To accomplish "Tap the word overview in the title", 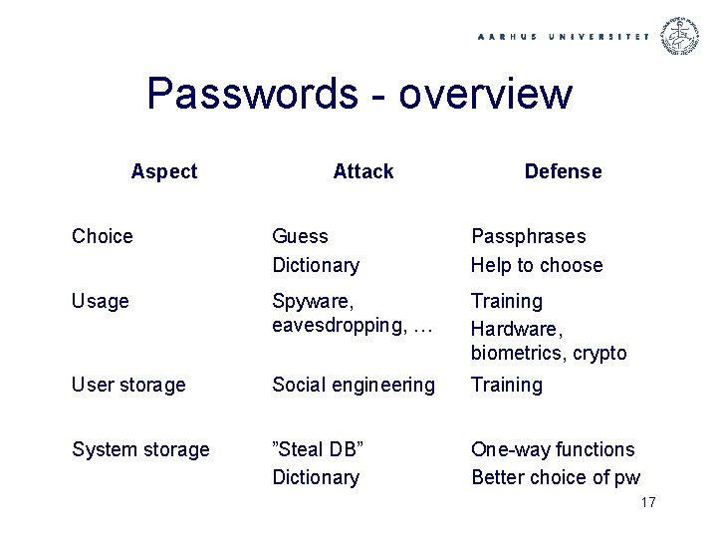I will (x=486, y=95).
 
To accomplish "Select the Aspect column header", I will (x=164, y=171).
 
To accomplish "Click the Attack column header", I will (x=363, y=171).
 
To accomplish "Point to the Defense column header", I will (x=563, y=171).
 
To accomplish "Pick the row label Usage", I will (x=101, y=301).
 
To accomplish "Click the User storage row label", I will (x=128, y=385).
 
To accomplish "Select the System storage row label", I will (x=140, y=449).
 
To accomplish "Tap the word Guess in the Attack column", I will (x=300, y=236).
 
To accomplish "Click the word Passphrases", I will (x=528, y=236).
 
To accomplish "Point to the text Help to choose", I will (x=537, y=265).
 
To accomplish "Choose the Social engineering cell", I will (x=354, y=385).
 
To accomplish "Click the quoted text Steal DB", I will (x=318, y=449).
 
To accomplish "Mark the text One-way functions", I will (x=553, y=449).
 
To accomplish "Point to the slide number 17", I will (x=647, y=502).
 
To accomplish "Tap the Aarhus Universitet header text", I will (x=564, y=37).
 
